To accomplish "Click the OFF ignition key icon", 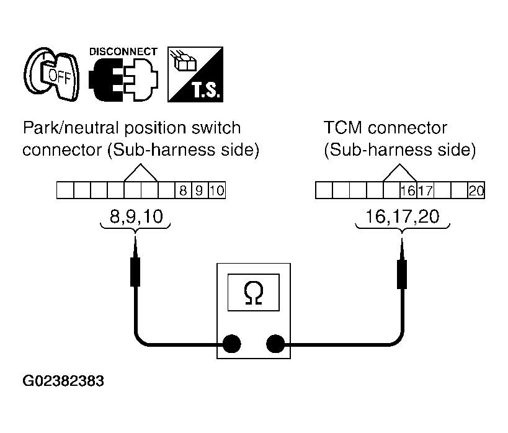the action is click(x=51, y=74).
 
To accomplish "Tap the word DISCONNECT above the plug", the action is click(x=123, y=51).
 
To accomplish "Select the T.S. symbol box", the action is click(x=195, y=74).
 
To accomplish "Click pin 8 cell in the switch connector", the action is click(x=183, y=190).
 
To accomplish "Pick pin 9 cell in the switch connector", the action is click(x=200, y=190).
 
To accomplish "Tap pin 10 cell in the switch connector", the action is click(x=216, y=190).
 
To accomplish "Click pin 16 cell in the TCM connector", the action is click(x=408, y=190).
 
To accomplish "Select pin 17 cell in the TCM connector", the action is click(x=425, y=190).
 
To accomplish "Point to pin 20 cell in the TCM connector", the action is click(x=476, y=190).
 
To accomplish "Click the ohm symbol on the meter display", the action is click(x=253, y=293).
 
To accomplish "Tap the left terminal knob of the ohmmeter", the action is click(x=231, y=344).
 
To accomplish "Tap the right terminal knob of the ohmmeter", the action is click(x=275, y=344).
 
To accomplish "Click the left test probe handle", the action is click(x=135, y=272).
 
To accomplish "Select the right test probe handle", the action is click(x=402, y=274).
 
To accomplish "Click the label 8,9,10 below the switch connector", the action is click(x=136, y=216).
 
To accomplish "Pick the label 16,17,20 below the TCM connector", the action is click(x=402, y=216).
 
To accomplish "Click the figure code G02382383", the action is click(x=63, y=381).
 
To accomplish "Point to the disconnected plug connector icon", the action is click(x=123, y=80).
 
